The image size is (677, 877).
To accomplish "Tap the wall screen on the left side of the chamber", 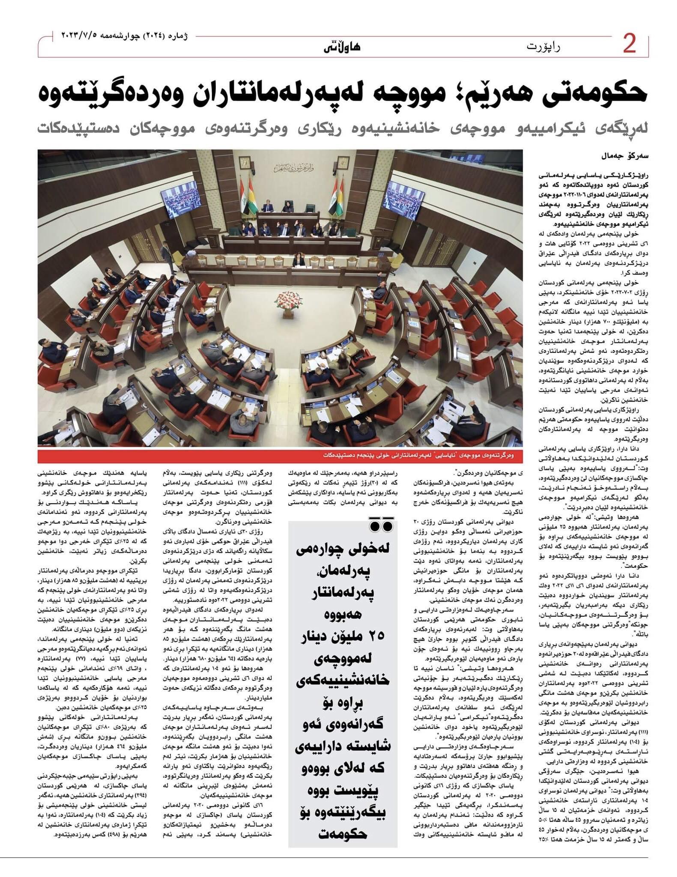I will [x=162, y=201].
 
